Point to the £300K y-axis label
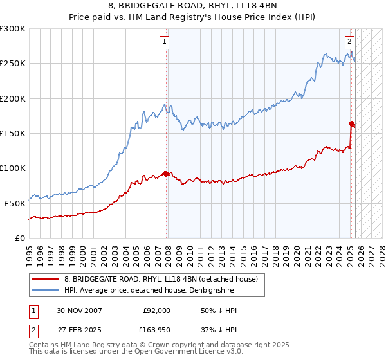click(13, 29)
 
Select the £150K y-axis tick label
click(13, 134)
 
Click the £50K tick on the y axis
click(15, 203)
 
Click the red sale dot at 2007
click(166, 174)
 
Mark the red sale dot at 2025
click(351, 123)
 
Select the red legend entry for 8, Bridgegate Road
click(161, 279)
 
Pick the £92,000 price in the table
click(156, 310)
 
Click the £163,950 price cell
click(154, 331)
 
